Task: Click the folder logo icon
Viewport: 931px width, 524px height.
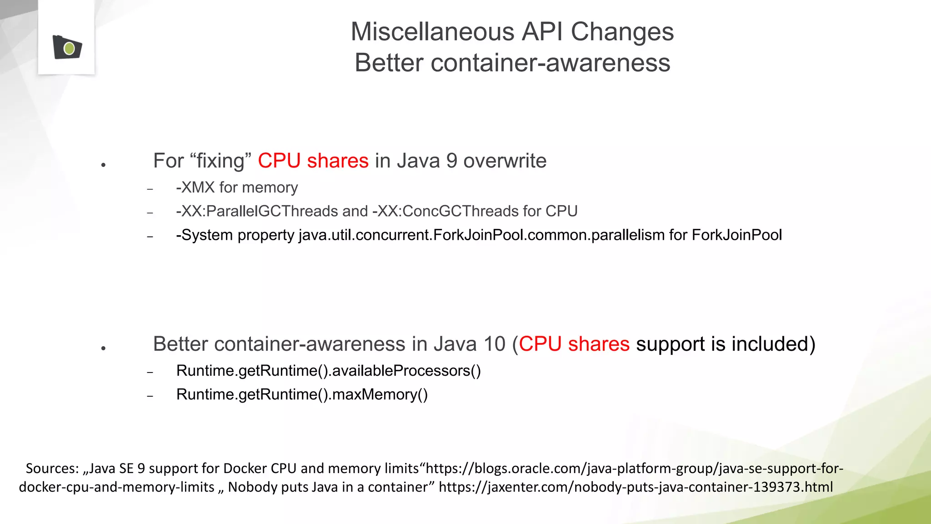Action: coord(67,47)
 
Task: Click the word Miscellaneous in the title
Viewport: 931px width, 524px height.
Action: coord(432,32)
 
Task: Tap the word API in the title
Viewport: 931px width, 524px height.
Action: coord(542,32)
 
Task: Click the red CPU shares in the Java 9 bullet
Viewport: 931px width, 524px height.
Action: coord(313,161)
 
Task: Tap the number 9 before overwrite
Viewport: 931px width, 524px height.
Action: coord(451,161)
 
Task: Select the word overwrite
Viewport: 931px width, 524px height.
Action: coord(505,161)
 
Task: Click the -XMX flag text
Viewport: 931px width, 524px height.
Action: coord(195,187)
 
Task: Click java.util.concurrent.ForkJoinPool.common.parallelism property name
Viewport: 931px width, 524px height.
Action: coord(481,235)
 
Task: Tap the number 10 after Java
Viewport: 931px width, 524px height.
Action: coord(494,344)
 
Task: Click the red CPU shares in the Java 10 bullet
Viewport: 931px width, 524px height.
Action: coord(574,344)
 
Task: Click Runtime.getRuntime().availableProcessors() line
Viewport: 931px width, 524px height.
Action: coord(328,371)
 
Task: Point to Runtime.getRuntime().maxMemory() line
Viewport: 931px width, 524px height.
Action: coord(302,394)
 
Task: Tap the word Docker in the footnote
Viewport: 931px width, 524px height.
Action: coord(245,469)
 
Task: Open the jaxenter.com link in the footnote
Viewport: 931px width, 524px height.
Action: coord(636,487)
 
